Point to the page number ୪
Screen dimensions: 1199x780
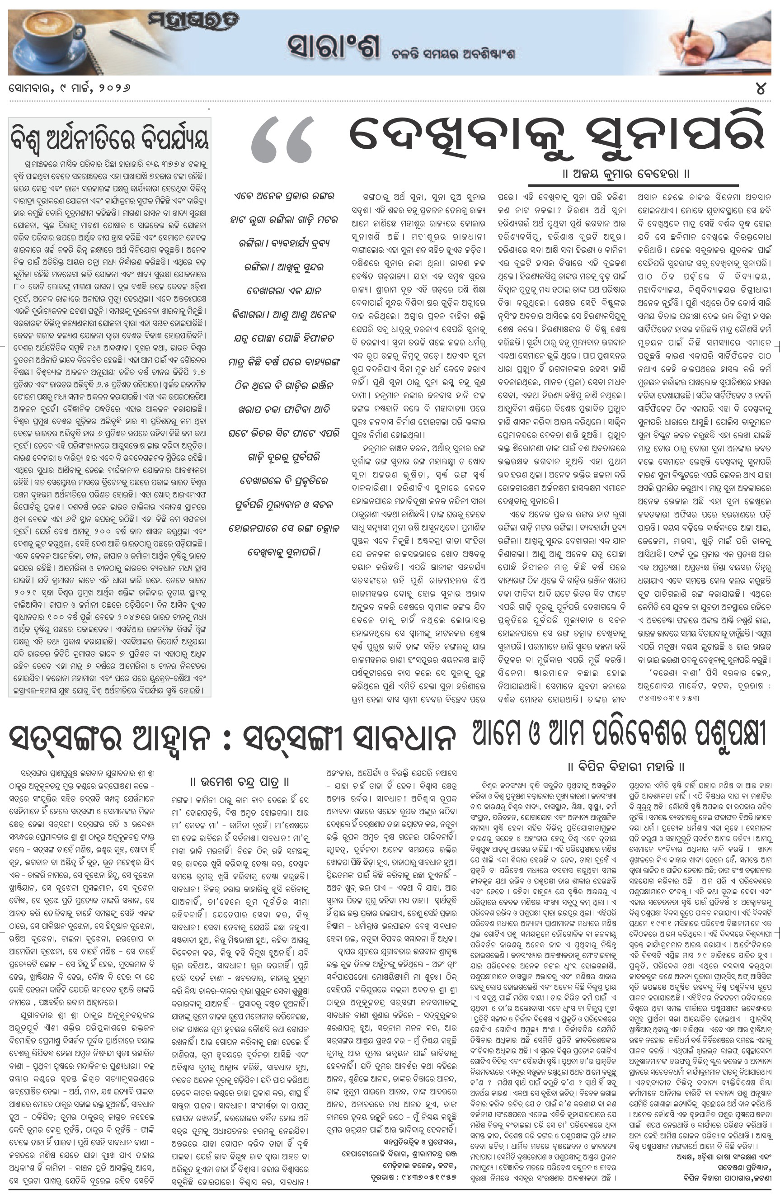(761, 88)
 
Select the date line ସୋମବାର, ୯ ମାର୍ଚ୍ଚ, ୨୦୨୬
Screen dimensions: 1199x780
(70, 89)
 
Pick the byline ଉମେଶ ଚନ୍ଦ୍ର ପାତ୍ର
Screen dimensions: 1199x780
(240, 782)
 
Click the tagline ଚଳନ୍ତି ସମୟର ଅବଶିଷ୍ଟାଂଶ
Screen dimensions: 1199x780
(453, 55)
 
